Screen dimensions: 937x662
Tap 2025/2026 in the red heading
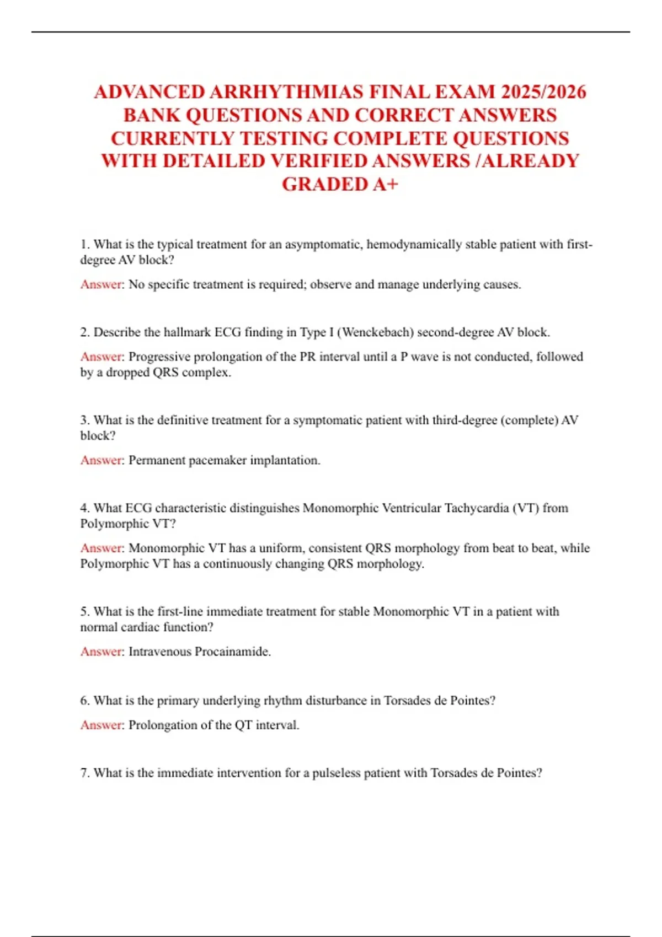[543, 91]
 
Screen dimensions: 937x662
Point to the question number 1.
[84, 244]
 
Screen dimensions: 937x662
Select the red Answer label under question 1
[102, 284]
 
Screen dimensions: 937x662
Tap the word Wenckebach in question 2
[377, 332]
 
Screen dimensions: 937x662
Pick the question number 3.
[84, 420]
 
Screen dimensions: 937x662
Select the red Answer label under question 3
[102, 460]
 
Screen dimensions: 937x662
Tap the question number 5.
[84, 611]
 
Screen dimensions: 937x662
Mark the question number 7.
[84, 773]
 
